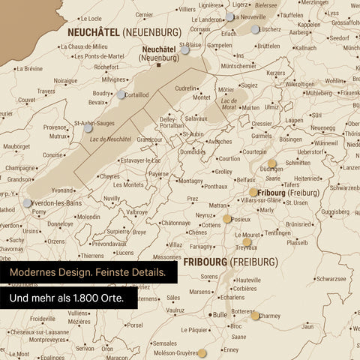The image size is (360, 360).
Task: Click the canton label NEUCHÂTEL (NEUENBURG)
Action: (x=124, y=33)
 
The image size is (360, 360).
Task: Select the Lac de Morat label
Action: (x=229, y=102)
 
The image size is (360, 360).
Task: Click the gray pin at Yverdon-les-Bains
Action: (x=28, y=202)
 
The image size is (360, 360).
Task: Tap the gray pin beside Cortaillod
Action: (x=121, y=94)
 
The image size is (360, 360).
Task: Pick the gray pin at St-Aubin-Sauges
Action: (x=88, y=128)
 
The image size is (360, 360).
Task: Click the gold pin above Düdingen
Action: (x=271, y=161)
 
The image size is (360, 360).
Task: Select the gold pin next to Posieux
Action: (x=227, y=219)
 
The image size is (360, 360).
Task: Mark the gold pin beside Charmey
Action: (x=255, y=316)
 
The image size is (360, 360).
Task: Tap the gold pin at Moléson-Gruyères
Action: (x=202, y=352)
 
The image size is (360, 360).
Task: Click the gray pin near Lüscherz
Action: (x=256, y=29)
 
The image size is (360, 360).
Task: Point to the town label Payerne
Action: (x=158, y=174)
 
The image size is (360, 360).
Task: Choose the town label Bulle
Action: (x=220, y=315)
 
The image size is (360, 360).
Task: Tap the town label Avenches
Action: (x=220, y=142)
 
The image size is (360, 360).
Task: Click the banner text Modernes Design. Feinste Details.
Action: (x=88, y=272)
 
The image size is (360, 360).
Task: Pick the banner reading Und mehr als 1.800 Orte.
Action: (x=67, y=298)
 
